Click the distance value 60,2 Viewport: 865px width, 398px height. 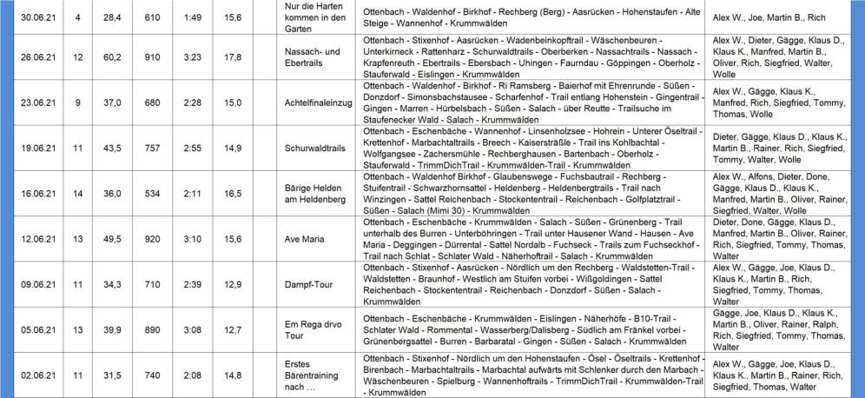[112, 57]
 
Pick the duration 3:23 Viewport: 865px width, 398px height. [195, 57]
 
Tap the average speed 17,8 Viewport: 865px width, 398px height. [233, 57]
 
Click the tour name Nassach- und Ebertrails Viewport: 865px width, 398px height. [316, 57]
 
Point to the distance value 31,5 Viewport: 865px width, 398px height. [112, 375]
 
